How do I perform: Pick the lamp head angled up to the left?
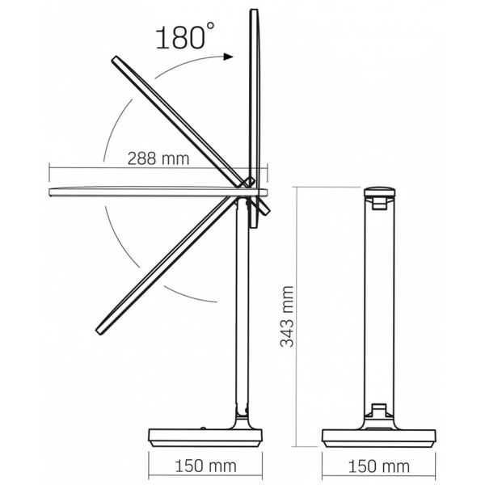point(174,117)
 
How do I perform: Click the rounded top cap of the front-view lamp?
point(380,194)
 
